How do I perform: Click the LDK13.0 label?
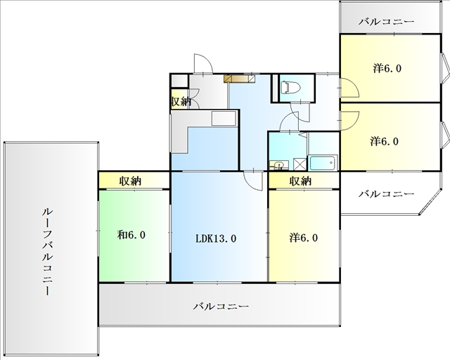click(216, 238)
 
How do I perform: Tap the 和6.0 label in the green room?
click(131, 235)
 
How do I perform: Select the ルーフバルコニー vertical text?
click(47, 252)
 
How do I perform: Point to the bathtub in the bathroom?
click(322, 163)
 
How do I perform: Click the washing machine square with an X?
click(300, 165)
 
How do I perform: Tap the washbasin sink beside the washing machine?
click(278, 165)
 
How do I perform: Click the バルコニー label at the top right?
click(386, 22)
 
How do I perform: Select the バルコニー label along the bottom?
click(221, 307)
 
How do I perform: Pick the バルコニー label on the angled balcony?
click(386, 194)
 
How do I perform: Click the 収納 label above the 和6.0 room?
click(131, 181)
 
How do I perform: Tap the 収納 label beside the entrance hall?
click(181, 101)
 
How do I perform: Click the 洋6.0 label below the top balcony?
click(387, 68)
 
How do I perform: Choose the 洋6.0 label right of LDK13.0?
click(304, 238)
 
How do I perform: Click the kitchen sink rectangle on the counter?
click(224, 118)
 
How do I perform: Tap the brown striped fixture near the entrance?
click(239, 79)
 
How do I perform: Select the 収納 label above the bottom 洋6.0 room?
click(300, 181)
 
